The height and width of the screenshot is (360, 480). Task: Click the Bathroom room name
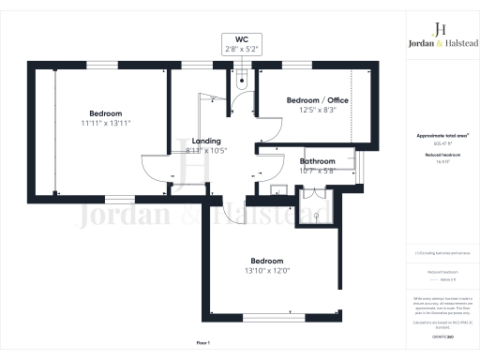point(317,161)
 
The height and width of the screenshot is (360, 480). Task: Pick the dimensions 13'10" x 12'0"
point(266,271)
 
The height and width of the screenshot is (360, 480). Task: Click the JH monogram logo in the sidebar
point(441,28)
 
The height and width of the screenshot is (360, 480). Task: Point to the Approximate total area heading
point(441,136)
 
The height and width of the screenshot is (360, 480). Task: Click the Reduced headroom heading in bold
point(441,156)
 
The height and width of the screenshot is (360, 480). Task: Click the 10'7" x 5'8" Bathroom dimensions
point(317,171)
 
